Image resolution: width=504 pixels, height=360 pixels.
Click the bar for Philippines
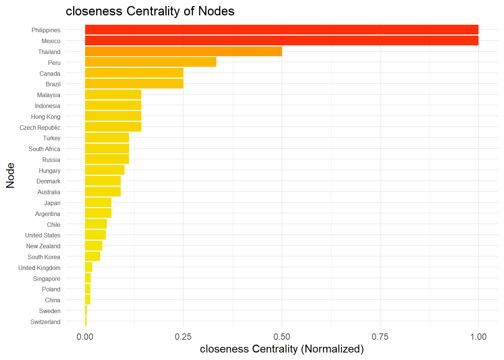[281, 30]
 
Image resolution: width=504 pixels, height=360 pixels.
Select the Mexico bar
[281, 41]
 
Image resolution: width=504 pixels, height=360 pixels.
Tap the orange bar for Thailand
[183, 52]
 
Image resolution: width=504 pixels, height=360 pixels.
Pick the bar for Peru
[150, 62]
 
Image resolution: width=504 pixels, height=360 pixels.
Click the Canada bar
[134, 73]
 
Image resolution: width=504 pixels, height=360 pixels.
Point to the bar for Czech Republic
[113, 127]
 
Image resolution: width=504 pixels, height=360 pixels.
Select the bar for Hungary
[105, 170]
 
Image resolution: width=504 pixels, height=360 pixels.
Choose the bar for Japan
[98, 202]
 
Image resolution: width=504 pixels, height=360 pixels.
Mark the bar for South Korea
[92, 256]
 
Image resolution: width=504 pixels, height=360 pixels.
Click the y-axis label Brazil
[53, 84]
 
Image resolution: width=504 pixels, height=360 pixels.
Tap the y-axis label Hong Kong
[45, 117]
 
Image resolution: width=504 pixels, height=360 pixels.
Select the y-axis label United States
[42, 235]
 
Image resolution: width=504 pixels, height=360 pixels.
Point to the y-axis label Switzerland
[45, 322]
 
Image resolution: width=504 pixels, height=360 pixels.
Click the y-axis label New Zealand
[43, 246]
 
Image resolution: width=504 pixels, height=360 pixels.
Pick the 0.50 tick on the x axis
[282, 337]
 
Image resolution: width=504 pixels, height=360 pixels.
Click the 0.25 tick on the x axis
[183, 337]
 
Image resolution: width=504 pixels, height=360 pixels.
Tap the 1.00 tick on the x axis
[478, 337]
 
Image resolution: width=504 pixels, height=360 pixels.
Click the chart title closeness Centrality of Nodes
[150, 11]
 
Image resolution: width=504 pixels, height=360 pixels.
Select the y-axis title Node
[10, 175]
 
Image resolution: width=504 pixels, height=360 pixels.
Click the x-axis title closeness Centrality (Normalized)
[282, 349]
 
